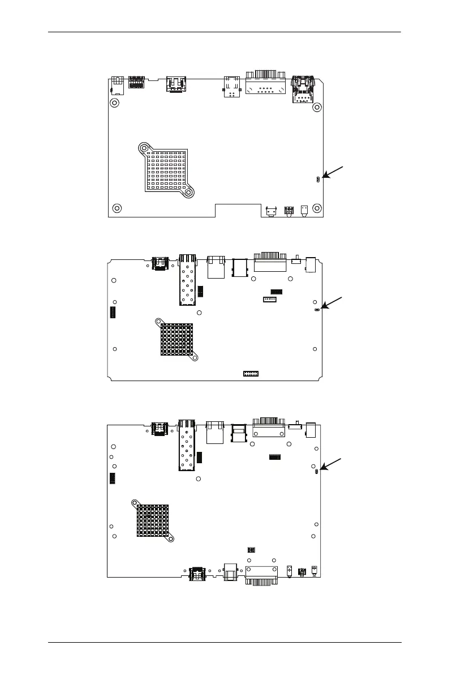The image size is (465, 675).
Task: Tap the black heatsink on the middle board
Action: (176, 340)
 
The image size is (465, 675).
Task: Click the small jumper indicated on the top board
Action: (318, 179)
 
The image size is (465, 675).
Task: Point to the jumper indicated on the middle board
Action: (317, 310)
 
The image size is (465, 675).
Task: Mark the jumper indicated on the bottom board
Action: (315, 470)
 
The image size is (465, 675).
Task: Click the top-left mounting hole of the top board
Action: (114, 103)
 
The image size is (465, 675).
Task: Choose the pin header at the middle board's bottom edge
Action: (251, 374)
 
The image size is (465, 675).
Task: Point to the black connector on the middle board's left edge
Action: (112, 313)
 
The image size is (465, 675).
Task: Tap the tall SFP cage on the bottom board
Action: (187, 445)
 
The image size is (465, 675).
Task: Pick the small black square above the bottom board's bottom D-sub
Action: (251, 549)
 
